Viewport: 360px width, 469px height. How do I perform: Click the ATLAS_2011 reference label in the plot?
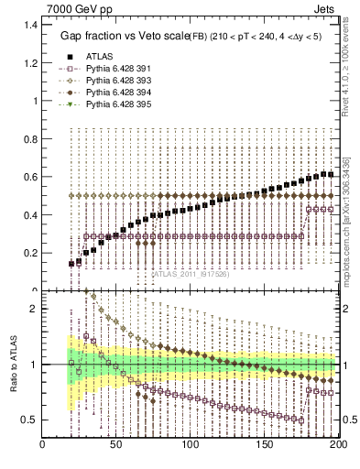191,273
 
